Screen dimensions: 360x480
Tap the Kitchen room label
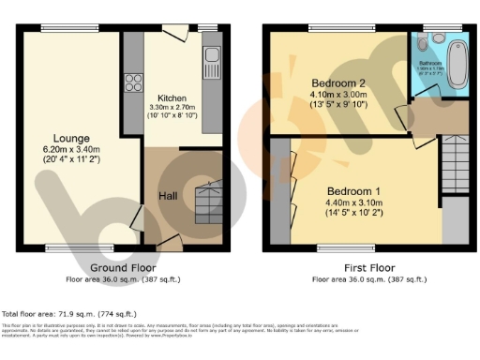[x=171, y=98]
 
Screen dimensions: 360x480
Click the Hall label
[x=167, y=195]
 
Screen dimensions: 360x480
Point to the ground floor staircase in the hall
[x=206, y=200]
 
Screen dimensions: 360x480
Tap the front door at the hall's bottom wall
[x=170, y=243]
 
